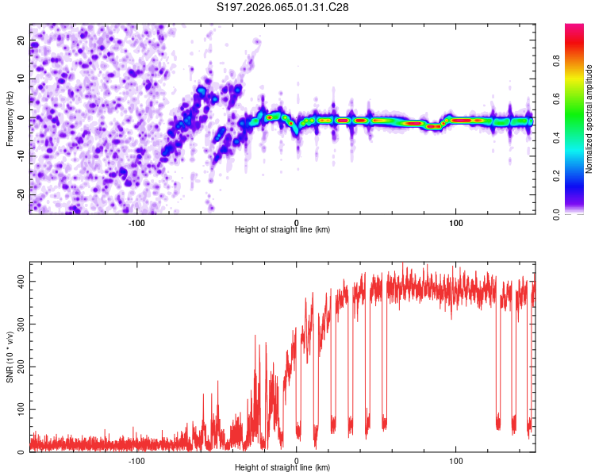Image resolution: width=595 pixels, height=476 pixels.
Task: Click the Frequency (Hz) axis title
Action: pos(10,118)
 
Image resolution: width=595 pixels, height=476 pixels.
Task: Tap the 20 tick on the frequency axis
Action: pos(22,40)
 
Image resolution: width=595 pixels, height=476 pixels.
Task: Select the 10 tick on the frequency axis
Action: pos(22,79)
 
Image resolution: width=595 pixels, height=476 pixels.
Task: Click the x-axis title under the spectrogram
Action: pos(282,229)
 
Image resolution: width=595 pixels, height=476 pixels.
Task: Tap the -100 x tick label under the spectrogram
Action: pos(136,221)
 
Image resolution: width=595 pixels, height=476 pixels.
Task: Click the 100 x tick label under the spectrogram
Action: pos(456,221)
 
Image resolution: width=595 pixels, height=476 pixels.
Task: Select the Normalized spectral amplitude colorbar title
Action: pos(589,119)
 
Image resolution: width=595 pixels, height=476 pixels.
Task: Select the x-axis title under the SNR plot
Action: pos(282,467)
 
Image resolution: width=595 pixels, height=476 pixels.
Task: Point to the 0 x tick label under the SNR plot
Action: pos(296,459)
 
